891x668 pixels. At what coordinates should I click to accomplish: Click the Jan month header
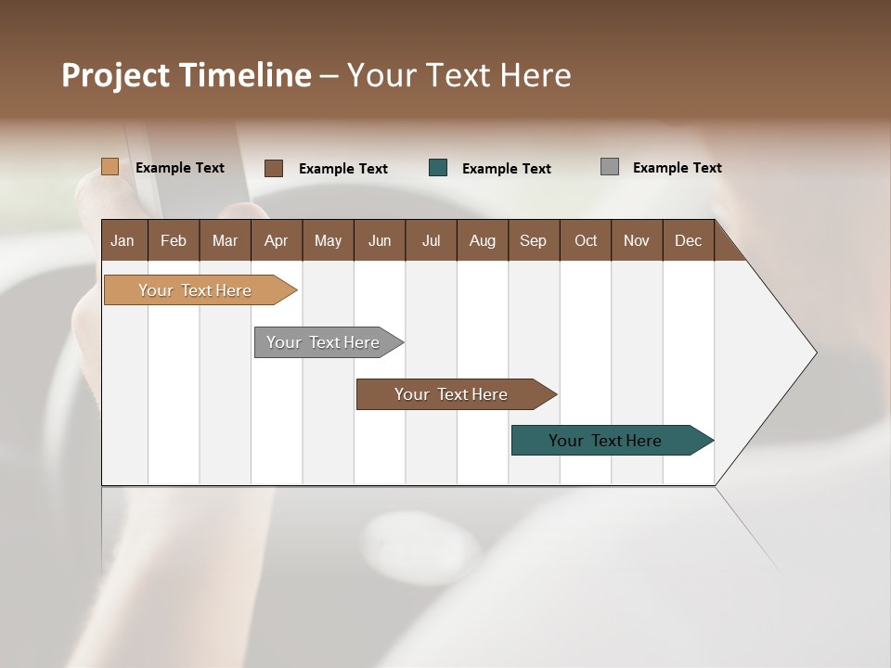click(123, 240)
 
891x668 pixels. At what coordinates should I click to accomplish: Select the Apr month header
click(276, 240)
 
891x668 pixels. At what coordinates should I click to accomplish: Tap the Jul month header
click(431, 240)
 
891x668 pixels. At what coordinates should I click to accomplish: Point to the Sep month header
click(533, 240)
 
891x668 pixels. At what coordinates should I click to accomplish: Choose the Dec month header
click(688, 240)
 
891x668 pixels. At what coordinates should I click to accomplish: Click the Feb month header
click(174, 240)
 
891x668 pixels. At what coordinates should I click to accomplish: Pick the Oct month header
click(586, 240)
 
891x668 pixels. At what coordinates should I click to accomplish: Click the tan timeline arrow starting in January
click(195, 290)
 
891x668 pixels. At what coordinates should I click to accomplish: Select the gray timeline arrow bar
click(324, 342)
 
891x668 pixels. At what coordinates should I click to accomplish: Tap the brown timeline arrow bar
click(451, 394)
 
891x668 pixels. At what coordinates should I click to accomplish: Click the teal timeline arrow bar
click(605, 441)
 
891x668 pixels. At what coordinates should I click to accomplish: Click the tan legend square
click(110, 167)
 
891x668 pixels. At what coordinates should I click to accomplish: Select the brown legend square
click(273, 168)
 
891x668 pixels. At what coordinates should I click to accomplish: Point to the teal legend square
click(438, 168)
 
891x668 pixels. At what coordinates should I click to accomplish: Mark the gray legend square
click(609, 167)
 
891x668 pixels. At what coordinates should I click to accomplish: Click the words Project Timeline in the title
click(186, 75)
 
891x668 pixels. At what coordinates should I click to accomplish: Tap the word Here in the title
click(536, 75)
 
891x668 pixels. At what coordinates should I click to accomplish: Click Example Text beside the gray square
click(677, 168)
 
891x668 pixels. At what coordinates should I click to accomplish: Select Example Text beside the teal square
click(506, 169)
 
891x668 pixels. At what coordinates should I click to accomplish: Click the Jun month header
click(380, 240)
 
